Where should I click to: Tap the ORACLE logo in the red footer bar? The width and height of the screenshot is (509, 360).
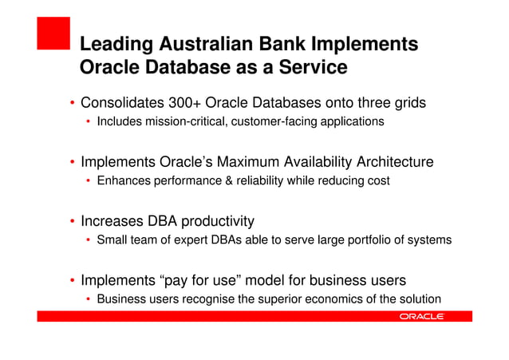(421, 317)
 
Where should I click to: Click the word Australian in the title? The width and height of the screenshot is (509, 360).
(206, 44)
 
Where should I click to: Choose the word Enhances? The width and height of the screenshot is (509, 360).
(122, 181)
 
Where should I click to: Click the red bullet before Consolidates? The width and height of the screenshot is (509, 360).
(72, 104)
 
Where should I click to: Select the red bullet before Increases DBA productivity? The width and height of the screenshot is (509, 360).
(72, 222)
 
